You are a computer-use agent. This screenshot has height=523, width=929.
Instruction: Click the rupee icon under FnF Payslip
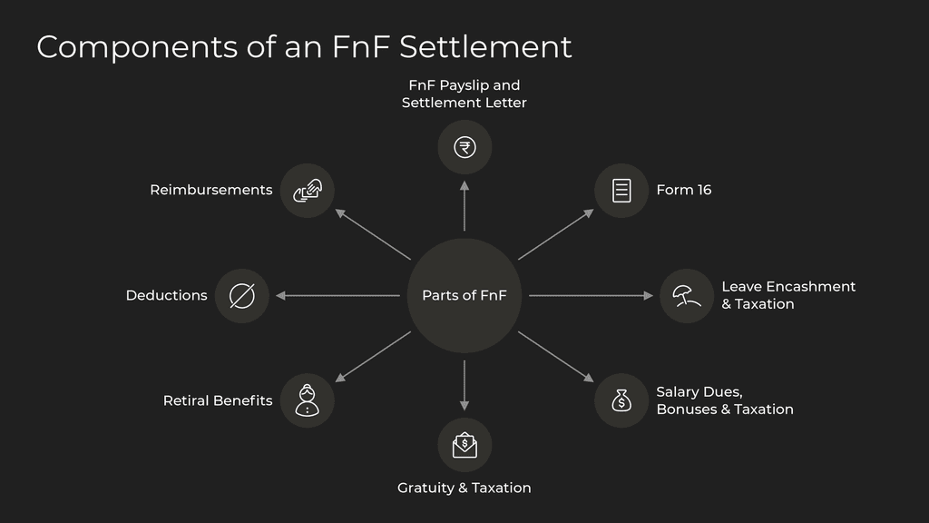point(464,147)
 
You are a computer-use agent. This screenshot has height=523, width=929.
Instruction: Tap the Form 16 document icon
point(621,191)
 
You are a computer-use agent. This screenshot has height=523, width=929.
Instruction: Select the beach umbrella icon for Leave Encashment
point(686,295)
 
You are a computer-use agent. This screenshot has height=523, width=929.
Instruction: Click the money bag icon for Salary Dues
point(621,400)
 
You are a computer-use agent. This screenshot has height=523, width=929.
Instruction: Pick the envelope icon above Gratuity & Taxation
point(464,444)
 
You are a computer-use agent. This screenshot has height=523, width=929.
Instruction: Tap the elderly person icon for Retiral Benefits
point(308,400)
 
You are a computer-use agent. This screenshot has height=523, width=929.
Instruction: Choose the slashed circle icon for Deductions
point(242,295)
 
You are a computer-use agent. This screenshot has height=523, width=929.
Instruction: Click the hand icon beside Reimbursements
point(308,191)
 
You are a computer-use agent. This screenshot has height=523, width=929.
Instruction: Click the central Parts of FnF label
point(464,295)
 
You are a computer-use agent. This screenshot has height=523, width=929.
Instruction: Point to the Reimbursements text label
point(210,190)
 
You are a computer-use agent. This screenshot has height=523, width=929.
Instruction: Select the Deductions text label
point(166,295)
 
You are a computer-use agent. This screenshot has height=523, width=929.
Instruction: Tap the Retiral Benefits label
point(218,400)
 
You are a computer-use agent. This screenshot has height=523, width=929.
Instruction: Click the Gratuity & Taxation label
point(464,488)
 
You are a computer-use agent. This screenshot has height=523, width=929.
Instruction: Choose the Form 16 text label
point(684,190)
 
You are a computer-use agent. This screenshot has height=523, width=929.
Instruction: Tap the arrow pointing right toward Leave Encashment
point(591,295)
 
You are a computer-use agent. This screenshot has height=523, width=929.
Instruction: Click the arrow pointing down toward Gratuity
point(464,385)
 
